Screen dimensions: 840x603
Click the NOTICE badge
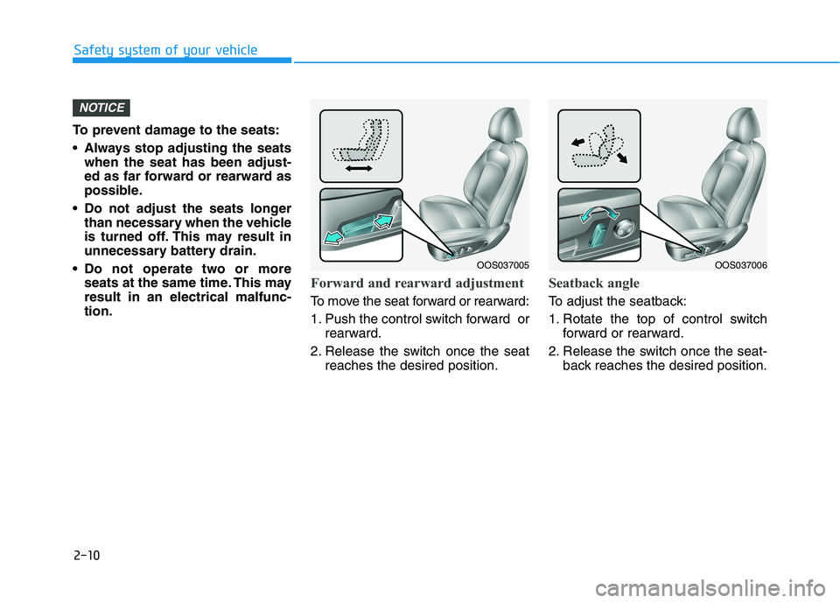click(x=101, y=108)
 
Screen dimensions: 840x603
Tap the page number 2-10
click(x=87, y=555)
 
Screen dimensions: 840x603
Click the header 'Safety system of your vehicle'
click(x=165, y=51)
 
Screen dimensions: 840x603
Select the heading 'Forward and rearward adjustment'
click(x=417, y=283)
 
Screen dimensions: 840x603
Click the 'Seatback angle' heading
click(x=594, y=283)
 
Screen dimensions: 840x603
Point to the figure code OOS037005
click(x=503, y=265)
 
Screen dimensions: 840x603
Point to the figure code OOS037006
click(x=741, y=265)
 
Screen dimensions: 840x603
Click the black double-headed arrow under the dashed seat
click(x=359, y=168)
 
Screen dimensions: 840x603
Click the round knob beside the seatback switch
click(x=624, y=229)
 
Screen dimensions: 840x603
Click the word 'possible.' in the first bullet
click(x=114, y=191)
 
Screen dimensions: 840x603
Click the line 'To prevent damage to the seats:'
click(x=176, y=130)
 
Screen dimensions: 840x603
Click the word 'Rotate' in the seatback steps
click(x=583, y=319)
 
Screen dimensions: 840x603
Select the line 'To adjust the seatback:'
click(x=618, y=301)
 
